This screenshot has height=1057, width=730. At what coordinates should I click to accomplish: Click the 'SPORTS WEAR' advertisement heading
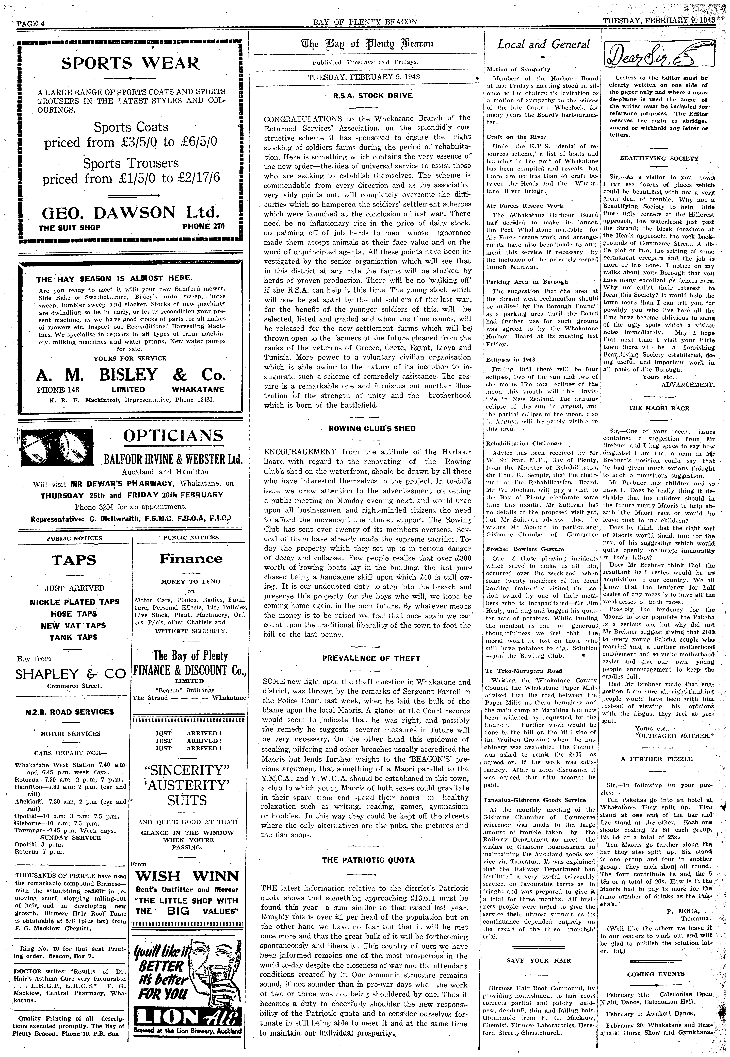point(130,63)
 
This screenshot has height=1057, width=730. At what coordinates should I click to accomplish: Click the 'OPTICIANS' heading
point(173,436)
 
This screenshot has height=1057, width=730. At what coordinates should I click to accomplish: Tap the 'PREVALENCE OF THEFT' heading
point(371,658)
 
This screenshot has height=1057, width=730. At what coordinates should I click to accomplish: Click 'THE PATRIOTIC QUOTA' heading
point(368,860)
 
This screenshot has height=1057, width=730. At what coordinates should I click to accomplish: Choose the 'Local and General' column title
point(543,44)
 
